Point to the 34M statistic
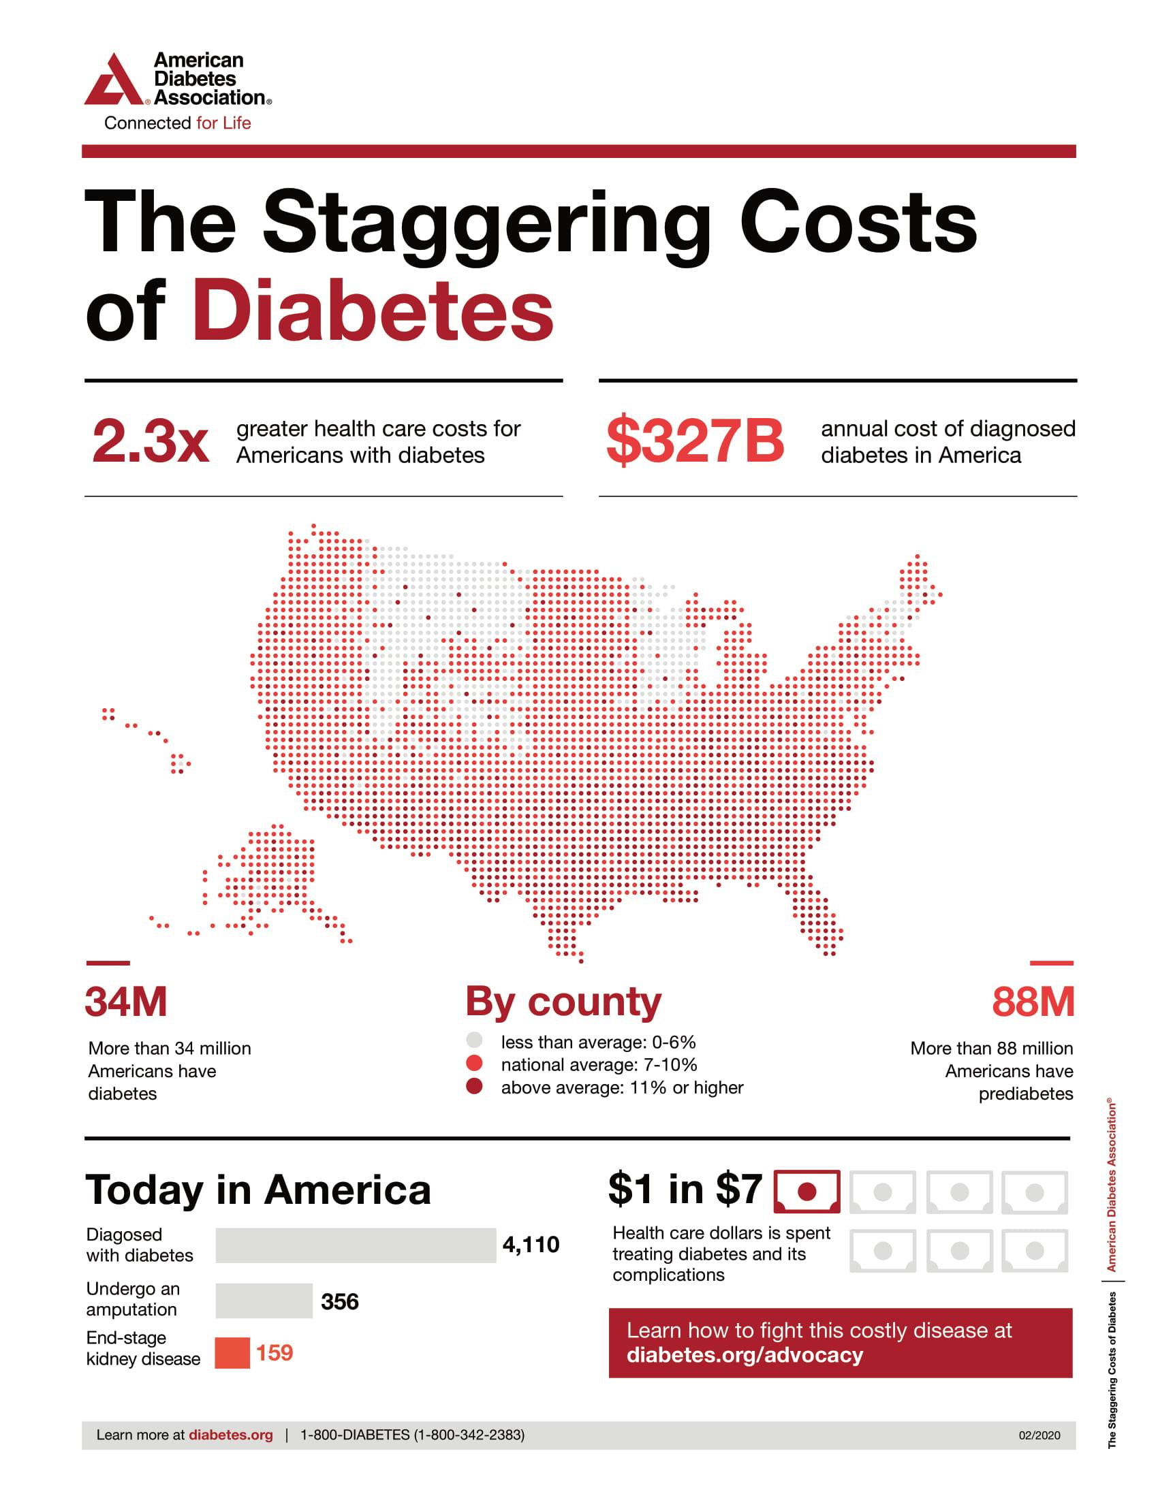[x=126, y=1002]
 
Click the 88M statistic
[x=1033, y=1002]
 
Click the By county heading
[x=563, y=1002]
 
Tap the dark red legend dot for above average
[x=474, y=1087]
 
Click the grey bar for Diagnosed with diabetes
[x=356, y=1245]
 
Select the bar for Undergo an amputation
[x=264, y=1301]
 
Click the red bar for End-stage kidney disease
[x=232, y=1352]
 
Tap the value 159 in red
[x=275, y=1352]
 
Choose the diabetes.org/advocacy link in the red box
[x=745, y=1355]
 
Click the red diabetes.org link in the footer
[x=230, y=1435]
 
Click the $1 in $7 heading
[x=685, y=1190]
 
